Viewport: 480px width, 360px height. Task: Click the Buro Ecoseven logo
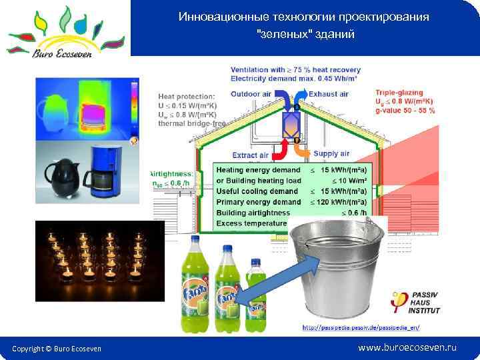(65, 31)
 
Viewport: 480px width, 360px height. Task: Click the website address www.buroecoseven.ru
(407, 348)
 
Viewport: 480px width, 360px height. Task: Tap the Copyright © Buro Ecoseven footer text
(57, 349)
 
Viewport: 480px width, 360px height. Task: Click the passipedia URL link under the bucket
(361, 328)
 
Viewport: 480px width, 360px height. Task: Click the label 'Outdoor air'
(251, 95)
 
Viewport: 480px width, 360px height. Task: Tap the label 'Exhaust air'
(329, 95)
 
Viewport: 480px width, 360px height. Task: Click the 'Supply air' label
(331, 154)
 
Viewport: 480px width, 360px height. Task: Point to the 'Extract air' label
(250, 155)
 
